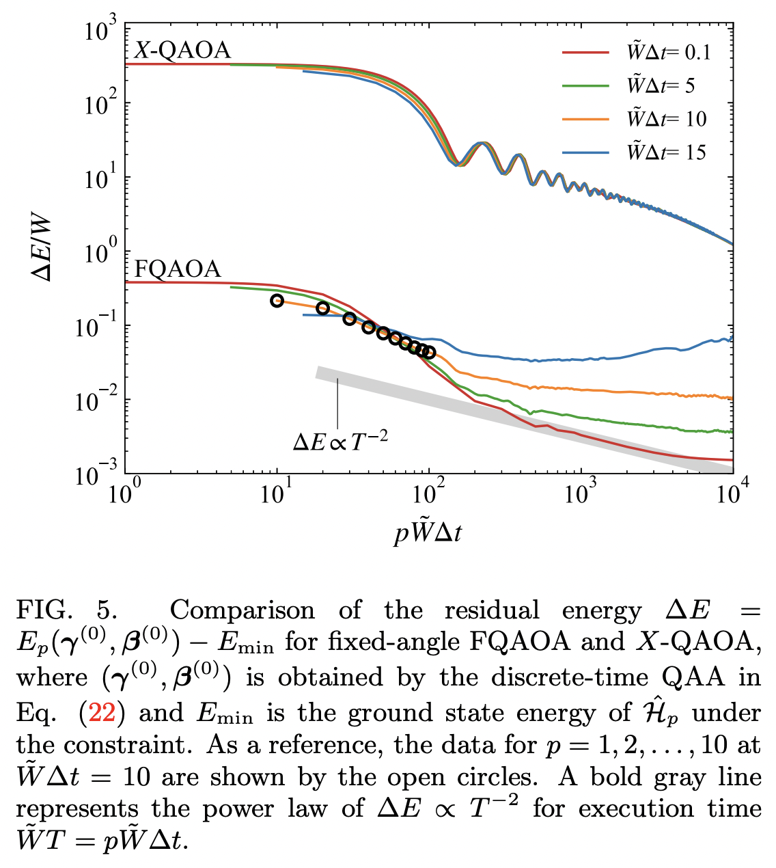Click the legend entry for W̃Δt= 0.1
[635, 52]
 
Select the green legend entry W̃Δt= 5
[635, 85]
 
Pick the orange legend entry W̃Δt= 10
[635, 119]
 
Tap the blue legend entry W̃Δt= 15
[635, 152]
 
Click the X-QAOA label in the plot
[182, 50]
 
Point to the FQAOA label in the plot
[178, 269]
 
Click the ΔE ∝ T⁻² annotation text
[340, 442]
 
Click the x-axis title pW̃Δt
[428, 532]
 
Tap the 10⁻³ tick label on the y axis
[97, 473]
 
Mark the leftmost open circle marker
[277, 301]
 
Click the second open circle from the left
[323, 308]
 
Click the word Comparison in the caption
[242, 610]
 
